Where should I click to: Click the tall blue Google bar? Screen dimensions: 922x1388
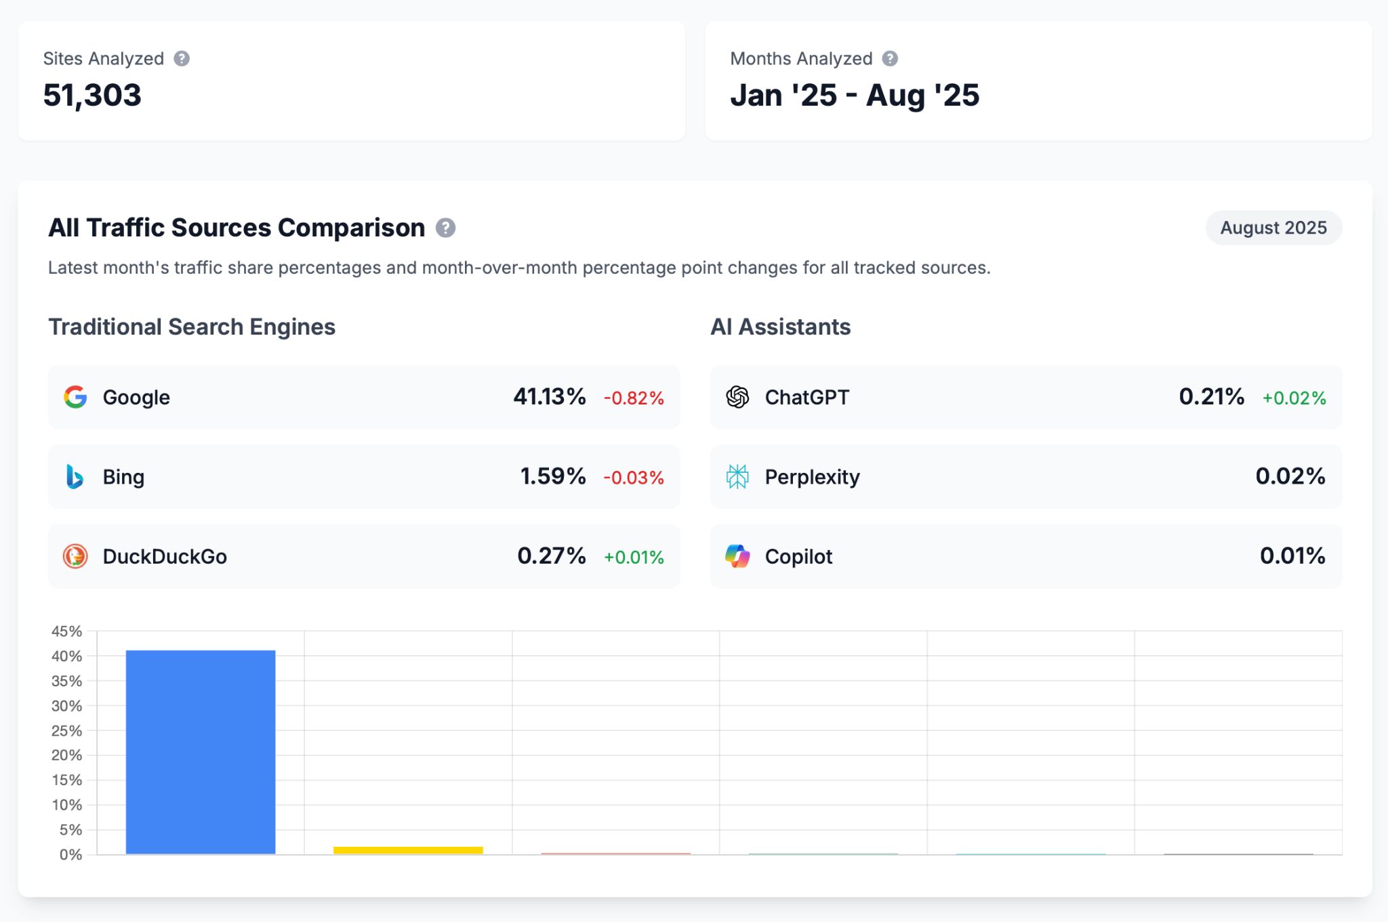201,752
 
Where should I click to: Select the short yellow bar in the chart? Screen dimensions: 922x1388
408,850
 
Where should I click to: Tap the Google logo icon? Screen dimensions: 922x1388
75,397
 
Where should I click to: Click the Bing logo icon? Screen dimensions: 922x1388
75,477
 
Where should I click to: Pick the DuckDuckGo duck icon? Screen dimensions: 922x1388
75,556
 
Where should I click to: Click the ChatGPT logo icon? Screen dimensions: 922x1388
737,397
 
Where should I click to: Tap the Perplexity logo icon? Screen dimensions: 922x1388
737,477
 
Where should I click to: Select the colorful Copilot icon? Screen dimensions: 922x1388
737,556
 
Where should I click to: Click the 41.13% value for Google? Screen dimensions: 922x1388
549,396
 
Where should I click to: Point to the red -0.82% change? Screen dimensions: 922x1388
634,398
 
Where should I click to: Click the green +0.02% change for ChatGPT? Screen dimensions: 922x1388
1294,398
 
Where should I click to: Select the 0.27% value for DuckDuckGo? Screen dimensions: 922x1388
551,556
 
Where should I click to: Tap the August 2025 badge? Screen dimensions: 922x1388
1273,228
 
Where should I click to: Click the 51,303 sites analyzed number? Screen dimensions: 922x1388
92,95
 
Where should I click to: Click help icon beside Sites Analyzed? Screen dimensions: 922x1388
182,59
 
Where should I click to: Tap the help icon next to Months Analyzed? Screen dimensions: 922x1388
890,59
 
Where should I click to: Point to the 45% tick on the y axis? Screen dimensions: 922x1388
66,631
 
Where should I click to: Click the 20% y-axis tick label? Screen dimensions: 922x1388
66,755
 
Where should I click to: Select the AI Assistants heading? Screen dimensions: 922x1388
780,327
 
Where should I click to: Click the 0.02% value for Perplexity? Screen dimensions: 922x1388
1290,476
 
